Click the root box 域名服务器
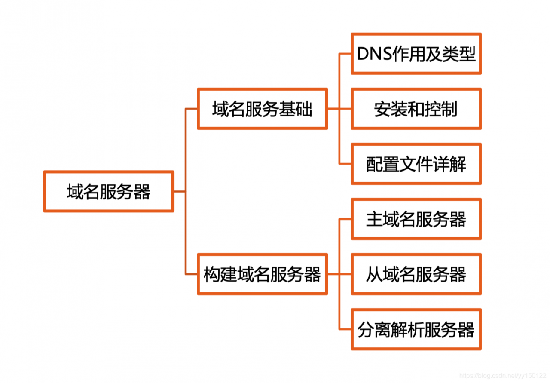tap(108, 191)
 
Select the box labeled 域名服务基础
tap(262, 109)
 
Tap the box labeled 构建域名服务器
tap(262, 274)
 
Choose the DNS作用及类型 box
tap(416, 54)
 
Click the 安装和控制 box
tap(416, 109)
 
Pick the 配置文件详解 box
tap(416, 164)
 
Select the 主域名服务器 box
tap(416, 219)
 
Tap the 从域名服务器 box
tap(416, 274)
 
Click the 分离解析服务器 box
tap(416, 329)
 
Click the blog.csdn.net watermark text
tap(503, 376)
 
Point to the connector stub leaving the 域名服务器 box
tap(180, 191)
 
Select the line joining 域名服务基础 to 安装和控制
tap(339, 109)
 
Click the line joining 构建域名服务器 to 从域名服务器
tap(339, 274)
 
